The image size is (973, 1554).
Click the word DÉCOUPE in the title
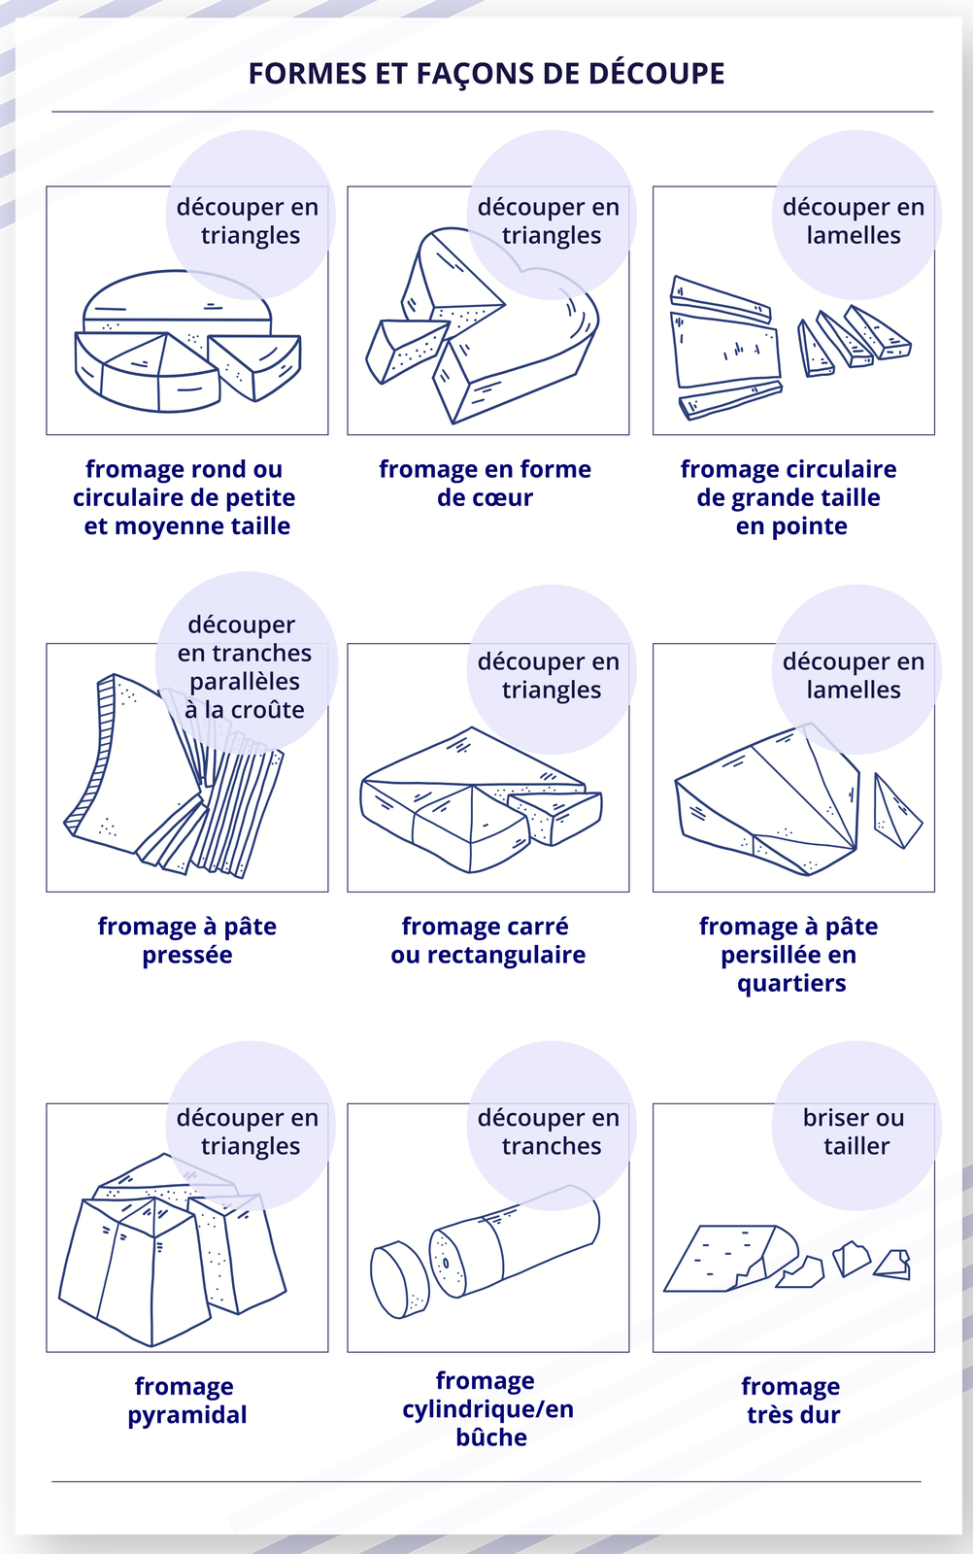click(x=656, y=74)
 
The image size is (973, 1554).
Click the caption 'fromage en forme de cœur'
click(x=485, y=484)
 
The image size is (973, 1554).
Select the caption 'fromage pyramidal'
click(x=187, y=1400)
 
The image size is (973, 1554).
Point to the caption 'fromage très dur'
click(x=791, y=1400)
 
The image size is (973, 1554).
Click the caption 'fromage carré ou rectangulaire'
click(x=487, y=941)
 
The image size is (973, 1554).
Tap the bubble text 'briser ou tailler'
click(x=854, y=1132)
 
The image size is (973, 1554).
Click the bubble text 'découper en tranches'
click(x=549, y=1132)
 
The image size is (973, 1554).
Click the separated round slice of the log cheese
click(x=400, y=1278)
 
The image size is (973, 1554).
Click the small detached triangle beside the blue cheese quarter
click(x=896, y=811)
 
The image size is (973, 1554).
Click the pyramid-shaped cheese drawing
click(x=171, y=1249)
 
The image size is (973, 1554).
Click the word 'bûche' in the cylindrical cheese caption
click(x=491, y=1436)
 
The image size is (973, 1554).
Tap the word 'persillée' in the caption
click(x=764, y=956)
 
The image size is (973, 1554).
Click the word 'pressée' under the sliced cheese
click(x=187, y=956)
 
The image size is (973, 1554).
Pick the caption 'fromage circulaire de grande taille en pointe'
click(x=789, y=497)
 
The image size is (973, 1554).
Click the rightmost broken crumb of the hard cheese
click(x=892, y=1264)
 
